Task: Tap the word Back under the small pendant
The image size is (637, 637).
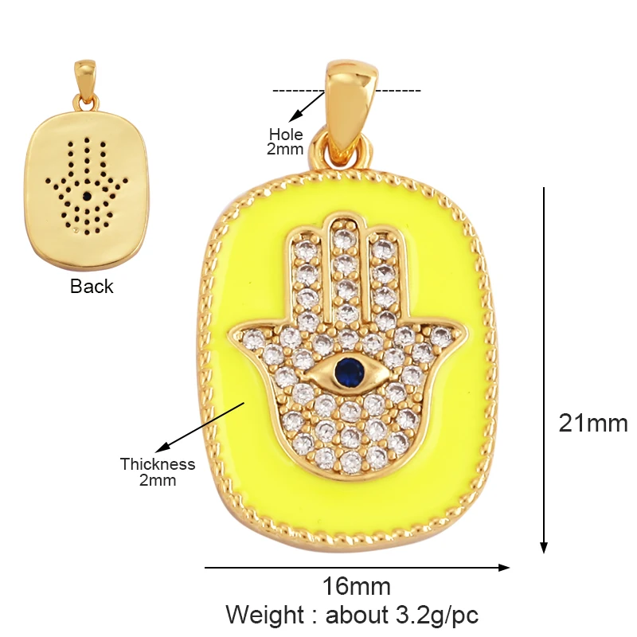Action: click(x=92, y=287)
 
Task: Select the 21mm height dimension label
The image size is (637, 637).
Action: click(x=592, y=423)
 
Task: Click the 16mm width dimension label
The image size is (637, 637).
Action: click(x=356, y=587)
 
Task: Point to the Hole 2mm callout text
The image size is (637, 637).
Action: click(x=286, y=141)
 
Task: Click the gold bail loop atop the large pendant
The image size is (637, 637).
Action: click(x=349, y=104)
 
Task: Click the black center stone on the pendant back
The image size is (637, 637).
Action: click(x=85, y=193)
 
